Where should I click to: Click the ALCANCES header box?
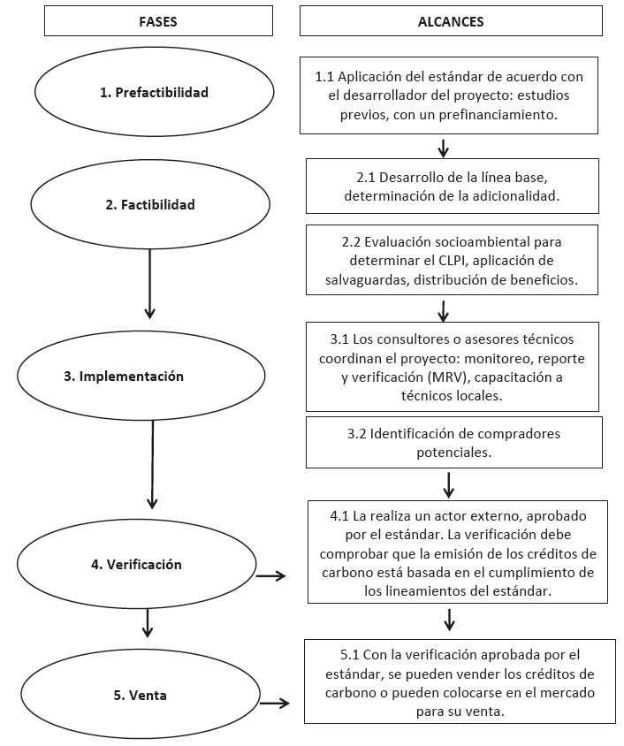pyautogui.click(x=451, y=22)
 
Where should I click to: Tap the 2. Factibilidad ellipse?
pyautogui.click(x=149, y=205)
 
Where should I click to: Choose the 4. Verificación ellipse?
pyautogui.click(x=136, y=564)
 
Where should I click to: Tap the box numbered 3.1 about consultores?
pyautogui.click(x=452, y=367)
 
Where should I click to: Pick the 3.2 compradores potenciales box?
pyautogui.click(x=453, y=442)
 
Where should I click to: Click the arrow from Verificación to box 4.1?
pyautogui.click(x=270, y=576)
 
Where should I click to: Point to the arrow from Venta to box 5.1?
pyautogui.click(x=274, y=704)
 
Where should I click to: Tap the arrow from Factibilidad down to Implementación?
pyautogui.click(x=149, y=283)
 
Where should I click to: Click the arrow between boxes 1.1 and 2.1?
pyautogui.click(x=444, y=146)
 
